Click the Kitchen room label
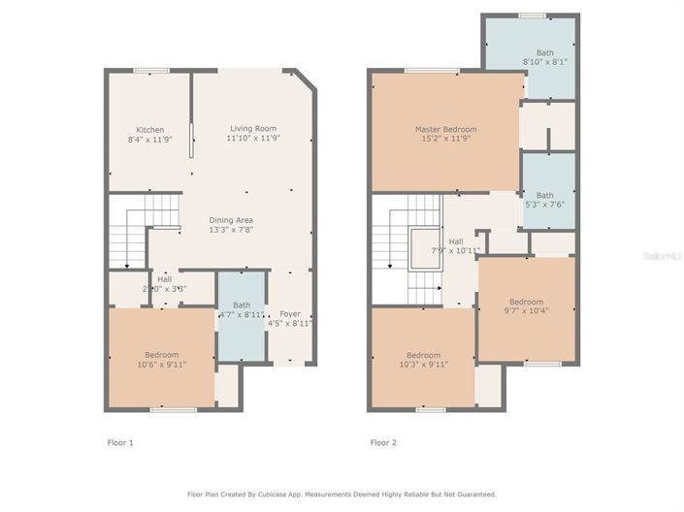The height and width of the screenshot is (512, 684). (x=149, y=130)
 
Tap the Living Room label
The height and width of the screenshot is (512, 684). (x=252, y=129)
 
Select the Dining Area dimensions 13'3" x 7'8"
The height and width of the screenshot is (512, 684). (x=231, y=231)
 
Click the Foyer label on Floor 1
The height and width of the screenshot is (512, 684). (x=290, y=314)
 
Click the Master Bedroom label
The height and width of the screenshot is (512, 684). (x=445, y=129)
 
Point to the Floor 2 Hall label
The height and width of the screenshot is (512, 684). (x=455, y=241)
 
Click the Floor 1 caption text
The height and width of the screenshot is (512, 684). (x=119, y=442)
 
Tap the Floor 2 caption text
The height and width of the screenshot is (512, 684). (x=383, y=442)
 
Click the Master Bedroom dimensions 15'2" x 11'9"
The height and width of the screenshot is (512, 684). (x=445, y=139)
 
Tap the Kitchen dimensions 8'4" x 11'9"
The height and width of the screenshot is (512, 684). (x=149, y=140)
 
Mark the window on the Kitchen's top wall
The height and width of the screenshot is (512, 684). (x=150, y=70)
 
